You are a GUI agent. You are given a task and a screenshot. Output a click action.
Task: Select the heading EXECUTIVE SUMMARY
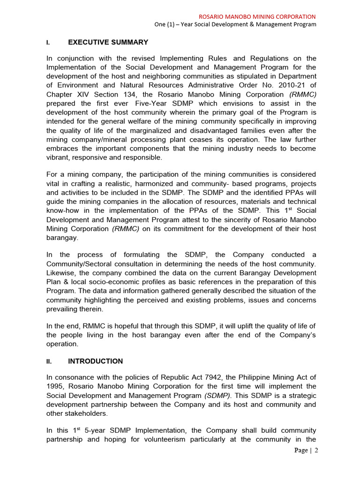click(x=108, y=42)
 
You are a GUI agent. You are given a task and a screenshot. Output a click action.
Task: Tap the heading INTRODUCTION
click(x=96, y=361)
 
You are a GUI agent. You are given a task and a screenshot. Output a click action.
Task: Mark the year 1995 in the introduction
click(x=54, y=386)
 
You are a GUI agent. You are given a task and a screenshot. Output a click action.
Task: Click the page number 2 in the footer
click(x=316, y=450)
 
